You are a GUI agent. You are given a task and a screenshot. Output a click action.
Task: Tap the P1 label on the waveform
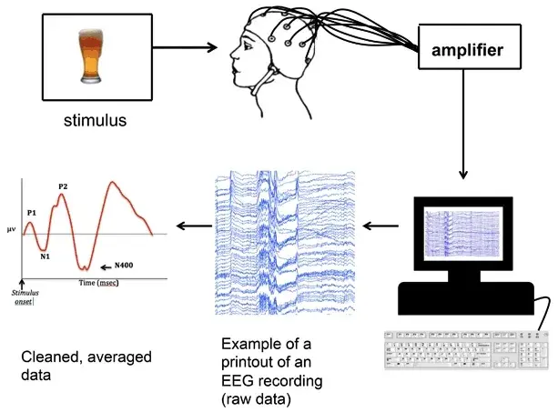tap(31, 213)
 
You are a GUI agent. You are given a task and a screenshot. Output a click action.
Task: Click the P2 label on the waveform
tap(63, 186)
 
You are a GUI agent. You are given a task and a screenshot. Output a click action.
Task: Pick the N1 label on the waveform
tap(45, 256)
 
